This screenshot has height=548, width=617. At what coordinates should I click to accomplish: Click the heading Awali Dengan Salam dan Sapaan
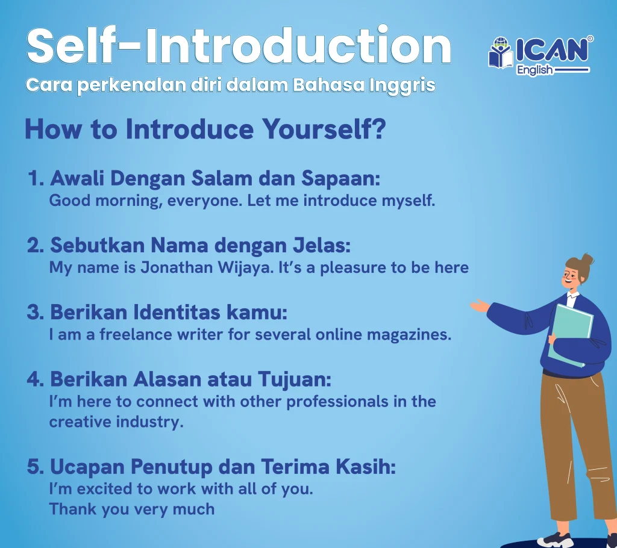pyautogui.click(x=205, y=179)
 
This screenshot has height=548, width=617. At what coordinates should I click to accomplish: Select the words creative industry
pyautogui.click(x=116, y=422)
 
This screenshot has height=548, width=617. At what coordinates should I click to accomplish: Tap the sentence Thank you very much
pyautogui.click(x=131, y=509)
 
